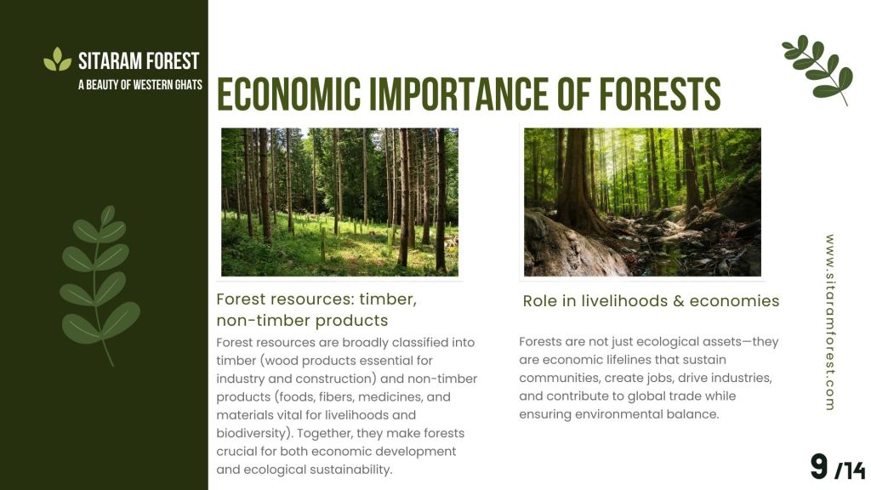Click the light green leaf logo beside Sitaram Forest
(57, 60)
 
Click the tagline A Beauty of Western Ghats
(140, 85)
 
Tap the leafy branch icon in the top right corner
(817, 70)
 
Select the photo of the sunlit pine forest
(340, 202)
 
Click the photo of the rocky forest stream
(643, 202)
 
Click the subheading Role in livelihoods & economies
(651, 300)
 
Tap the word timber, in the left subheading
(388, 299)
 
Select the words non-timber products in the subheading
(302, 321)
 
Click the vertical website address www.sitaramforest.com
(830, 322)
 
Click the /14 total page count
(851, 470)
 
